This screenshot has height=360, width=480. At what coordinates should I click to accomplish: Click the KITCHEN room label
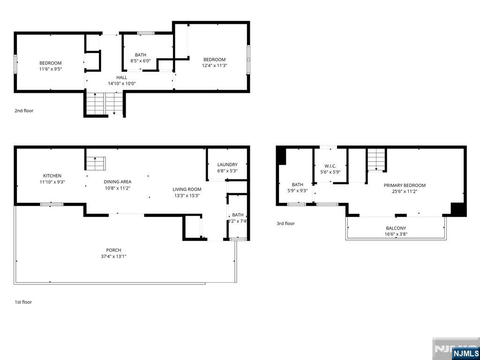52,176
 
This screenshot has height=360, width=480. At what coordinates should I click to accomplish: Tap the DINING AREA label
117,182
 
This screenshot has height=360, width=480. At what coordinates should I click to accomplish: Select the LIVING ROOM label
187,189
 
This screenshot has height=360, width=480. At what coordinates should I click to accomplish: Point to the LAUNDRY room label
227,165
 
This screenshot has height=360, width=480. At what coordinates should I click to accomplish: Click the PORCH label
113,250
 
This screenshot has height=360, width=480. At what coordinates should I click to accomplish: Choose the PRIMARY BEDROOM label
405,185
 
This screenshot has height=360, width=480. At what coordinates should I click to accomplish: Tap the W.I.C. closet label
330,166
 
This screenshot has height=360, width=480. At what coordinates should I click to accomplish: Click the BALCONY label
396,228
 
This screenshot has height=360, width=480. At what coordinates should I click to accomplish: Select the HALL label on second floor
121,78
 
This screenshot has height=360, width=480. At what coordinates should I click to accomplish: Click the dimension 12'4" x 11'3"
214,66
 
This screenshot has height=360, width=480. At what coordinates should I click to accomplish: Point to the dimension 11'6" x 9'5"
50,69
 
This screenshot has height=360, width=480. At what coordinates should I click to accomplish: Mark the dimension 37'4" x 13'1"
113,256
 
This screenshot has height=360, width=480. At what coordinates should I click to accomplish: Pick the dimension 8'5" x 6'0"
140,61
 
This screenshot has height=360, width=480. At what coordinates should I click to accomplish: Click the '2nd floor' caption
24,111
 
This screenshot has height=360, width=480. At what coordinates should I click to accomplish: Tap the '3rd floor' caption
285,224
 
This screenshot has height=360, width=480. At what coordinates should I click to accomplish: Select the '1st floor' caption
23,302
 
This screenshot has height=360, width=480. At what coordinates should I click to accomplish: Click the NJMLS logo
465,353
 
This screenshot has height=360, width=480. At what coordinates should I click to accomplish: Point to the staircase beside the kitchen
96,164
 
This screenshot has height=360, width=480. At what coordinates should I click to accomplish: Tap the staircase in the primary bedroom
376,159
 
